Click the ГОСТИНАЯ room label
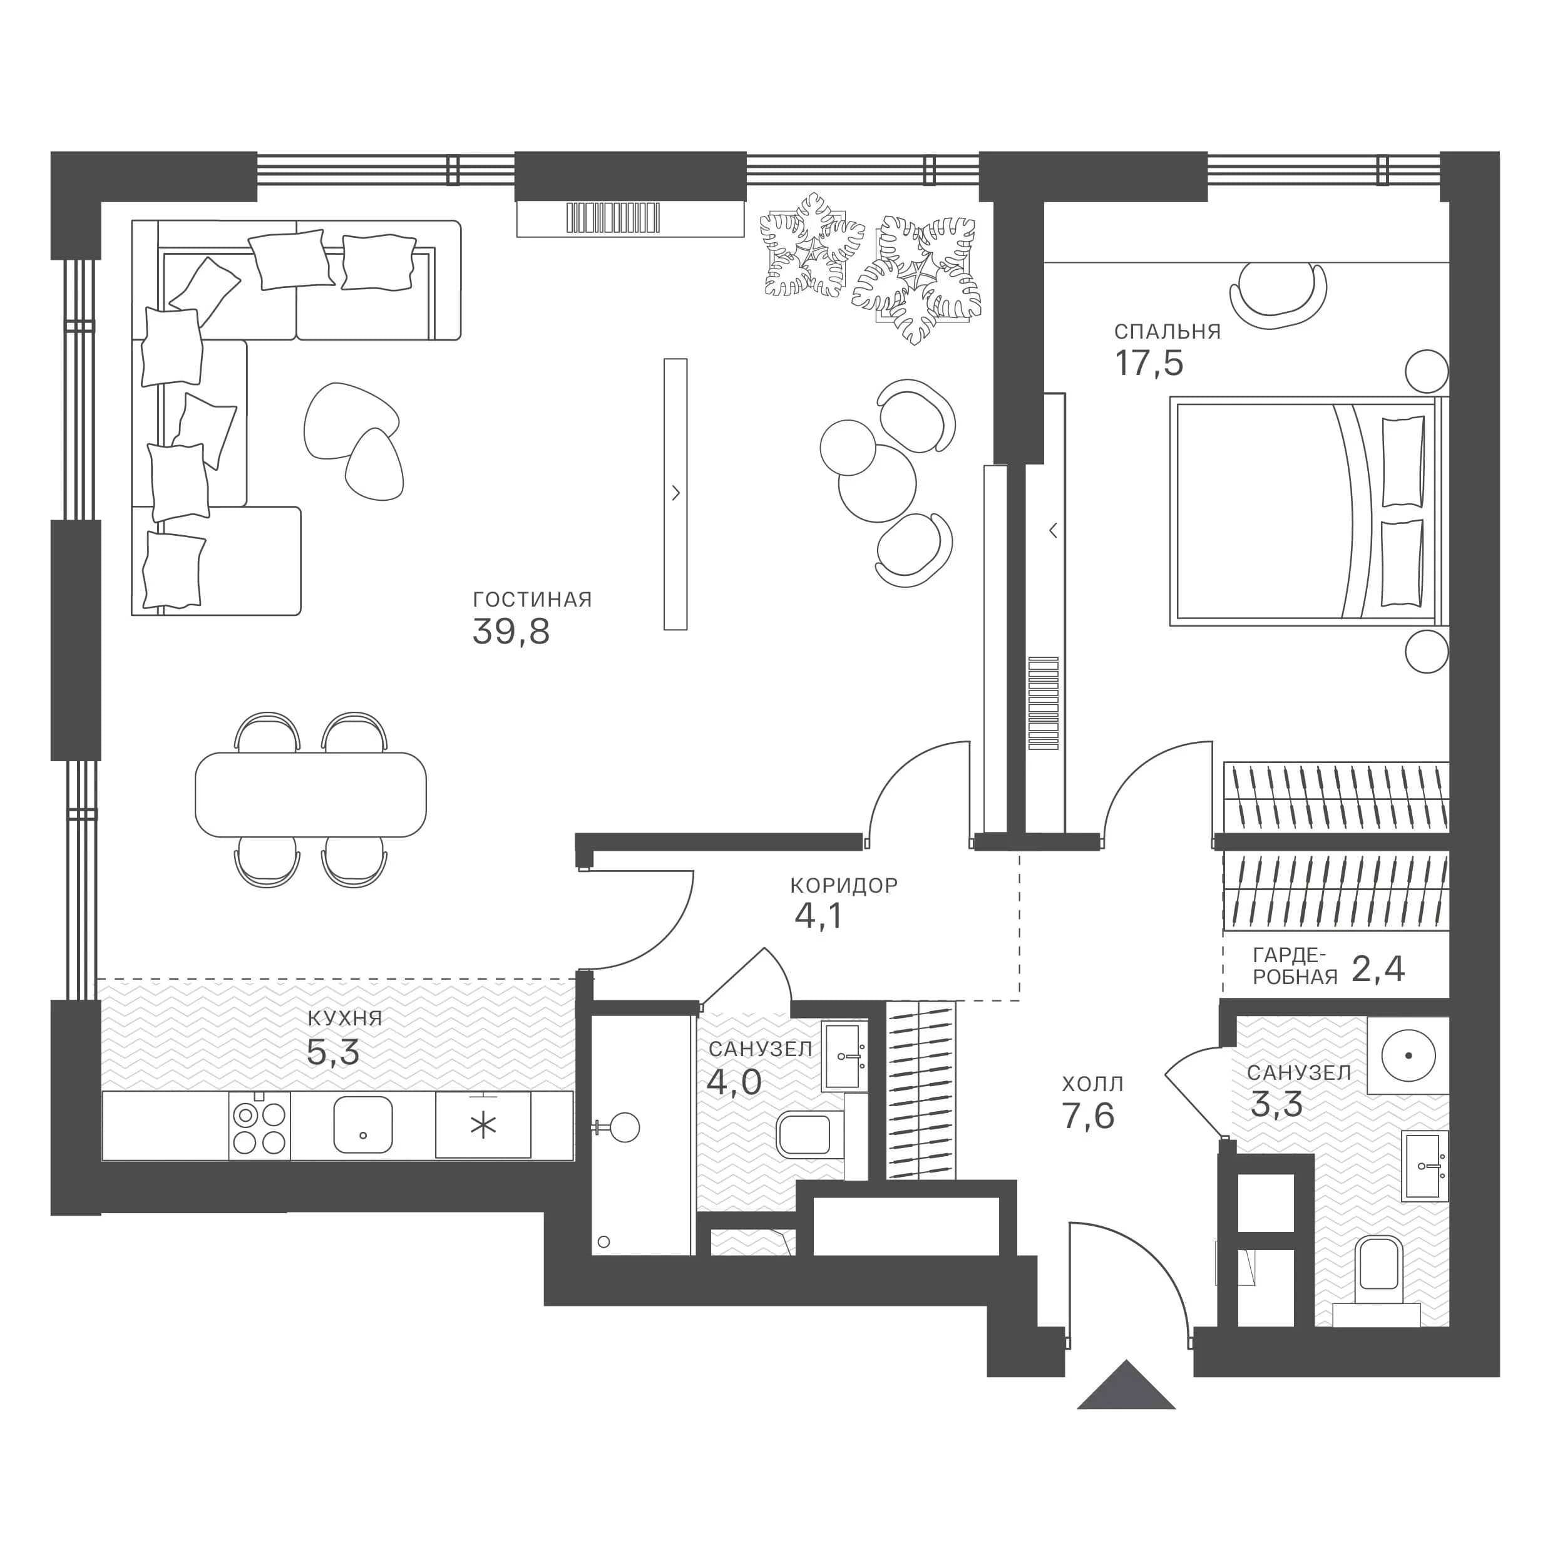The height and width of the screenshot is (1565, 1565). coord(532,600)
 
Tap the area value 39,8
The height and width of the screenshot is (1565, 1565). coord(511,631)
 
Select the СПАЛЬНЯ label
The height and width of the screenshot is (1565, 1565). coord(1167,331)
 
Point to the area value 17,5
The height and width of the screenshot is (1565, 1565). coord(1149,363)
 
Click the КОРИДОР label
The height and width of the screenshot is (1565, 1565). coord(844,885)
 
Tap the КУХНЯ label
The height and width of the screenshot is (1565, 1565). coord(344,1019)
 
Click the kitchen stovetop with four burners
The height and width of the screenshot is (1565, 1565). coord(259,1125)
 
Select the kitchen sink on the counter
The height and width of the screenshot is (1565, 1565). coord(363,1124)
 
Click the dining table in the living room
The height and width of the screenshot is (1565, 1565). coord(311,794)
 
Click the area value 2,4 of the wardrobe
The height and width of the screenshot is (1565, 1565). coord(1378,969)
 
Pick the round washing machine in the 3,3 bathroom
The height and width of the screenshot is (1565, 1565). coord(1408,1056)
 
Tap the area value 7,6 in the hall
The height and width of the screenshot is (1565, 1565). coord(1089,1116)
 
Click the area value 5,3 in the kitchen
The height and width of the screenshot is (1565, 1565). coord(333,1052)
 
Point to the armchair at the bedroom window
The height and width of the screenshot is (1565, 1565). coord(1278,297)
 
